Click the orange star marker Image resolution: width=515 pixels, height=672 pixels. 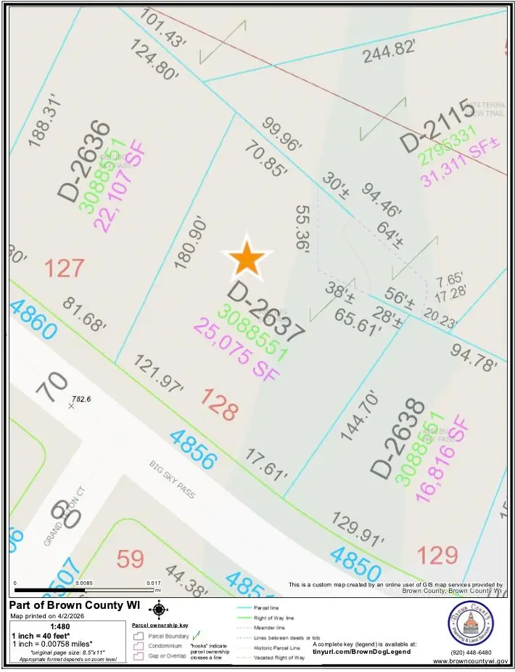[247, 258]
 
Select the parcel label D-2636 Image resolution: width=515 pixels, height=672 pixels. [86, 160]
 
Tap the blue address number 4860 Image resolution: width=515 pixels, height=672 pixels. [33, 319]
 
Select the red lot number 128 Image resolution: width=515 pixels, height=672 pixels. [219, 404]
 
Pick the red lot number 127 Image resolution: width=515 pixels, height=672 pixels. [65, 269]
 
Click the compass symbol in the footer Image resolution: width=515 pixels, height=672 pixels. [160, 610]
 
